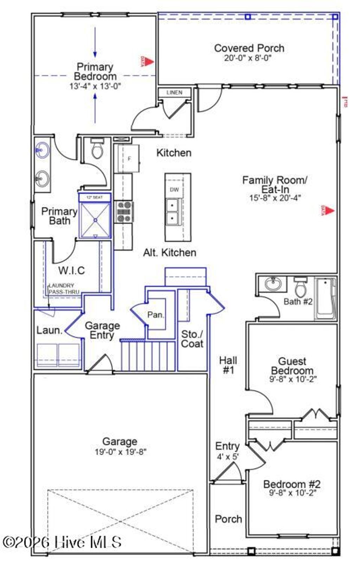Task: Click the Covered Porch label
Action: click(249, 48)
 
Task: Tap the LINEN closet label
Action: click(174, 92)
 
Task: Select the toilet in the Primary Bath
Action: click(97, 149)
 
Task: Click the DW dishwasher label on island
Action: click(174, 190)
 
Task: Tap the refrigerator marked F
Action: click(129, 159)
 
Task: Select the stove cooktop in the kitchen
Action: click(124, 212)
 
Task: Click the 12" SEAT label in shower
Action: click(95, 197)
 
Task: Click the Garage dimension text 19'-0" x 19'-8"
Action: click(120, 452)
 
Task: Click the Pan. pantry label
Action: click(155, 314)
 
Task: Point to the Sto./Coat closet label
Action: click(192, 339)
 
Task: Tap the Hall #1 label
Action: click(228, 365)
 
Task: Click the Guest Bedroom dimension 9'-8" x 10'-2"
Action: click(293, 379)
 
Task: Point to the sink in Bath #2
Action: click(273, 283)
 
